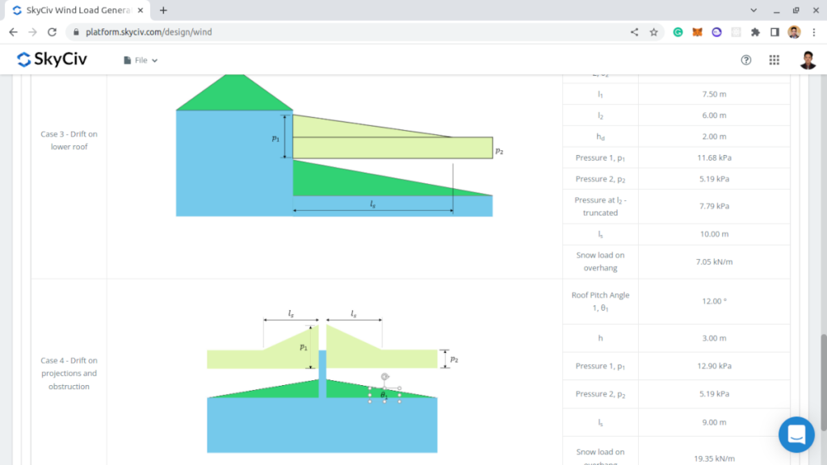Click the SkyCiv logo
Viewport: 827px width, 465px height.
click(52, 60)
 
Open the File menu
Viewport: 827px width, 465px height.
click(141, 61)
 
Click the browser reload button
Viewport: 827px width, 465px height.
click(52, 32)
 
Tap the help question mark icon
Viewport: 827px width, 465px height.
click(746, 60)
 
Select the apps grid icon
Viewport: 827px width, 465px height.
click(774, 60)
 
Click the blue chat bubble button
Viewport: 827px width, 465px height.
click(796, 434)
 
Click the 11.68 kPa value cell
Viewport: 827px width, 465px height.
click(714, 157)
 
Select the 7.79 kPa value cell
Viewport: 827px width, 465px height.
click(714, 206)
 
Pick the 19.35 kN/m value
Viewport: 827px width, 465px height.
click(714, 458)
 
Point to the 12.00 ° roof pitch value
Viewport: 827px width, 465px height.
click(714, 301)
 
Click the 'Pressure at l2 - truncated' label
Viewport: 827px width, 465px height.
click(600, 206)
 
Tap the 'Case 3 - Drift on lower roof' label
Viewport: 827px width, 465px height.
click(69, 140)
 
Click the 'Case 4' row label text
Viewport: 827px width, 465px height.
click(69, 373)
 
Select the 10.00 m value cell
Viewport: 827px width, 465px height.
click(714, 234)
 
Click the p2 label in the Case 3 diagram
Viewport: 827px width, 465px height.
click(499, 151)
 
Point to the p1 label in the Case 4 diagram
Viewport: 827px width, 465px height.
click(304, 346)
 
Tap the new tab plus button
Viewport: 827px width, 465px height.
click(163, 10)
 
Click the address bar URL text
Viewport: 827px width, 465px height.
click(149, 32)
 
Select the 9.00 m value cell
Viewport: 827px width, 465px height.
click(714, 422)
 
